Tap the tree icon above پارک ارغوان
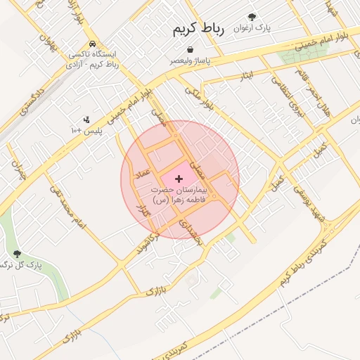click(252, 16)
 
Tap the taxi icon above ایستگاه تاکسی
click(93, 43)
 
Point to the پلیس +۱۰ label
click(86, 131)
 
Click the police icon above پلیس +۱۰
click(86, 119)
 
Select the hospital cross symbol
click(179, 179)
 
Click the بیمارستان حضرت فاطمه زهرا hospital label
click(179, 195)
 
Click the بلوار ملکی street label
click(198, 97)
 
